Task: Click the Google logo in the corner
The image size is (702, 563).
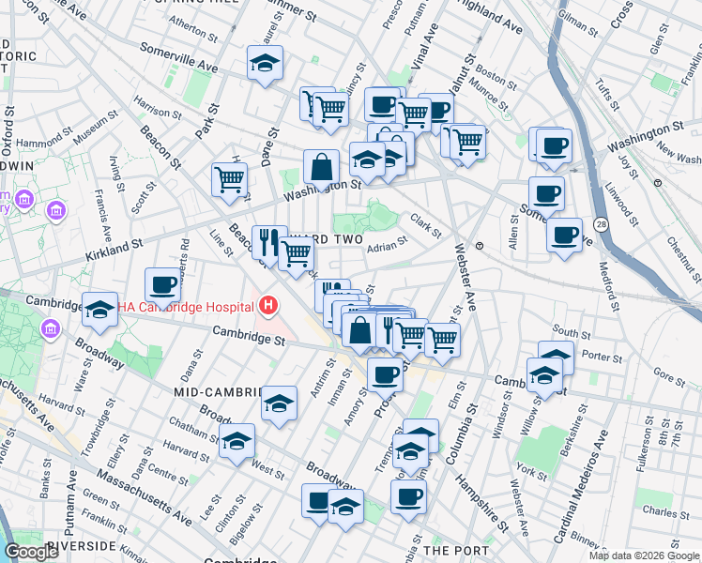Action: point(32,552)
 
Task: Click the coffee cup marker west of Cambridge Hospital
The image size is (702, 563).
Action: point(162,284)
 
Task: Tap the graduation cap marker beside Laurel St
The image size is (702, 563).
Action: point(265,64)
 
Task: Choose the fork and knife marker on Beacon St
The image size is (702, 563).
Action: point(268,241)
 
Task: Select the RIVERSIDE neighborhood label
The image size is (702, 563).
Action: point(81,545)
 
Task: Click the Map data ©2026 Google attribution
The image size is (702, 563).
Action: point(643,555)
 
